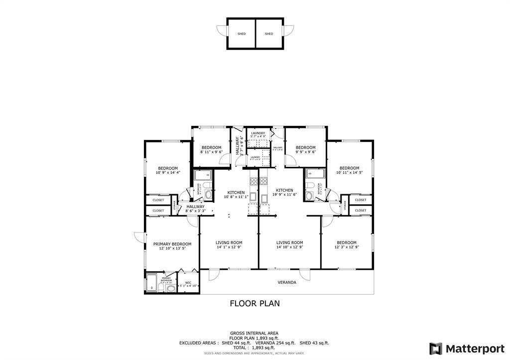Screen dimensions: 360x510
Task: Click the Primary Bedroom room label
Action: pos(172,244)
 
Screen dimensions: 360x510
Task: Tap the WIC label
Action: pos(188,283)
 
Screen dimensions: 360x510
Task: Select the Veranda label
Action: pos(287,282)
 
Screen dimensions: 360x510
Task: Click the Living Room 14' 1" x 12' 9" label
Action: pos(229,242)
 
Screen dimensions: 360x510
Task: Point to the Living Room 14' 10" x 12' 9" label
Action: pos(289,242)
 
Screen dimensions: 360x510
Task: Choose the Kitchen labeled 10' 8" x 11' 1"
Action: pos(236,192)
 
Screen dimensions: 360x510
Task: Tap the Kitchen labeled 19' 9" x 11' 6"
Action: pos(284,190)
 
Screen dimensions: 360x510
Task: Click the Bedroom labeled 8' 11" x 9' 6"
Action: pos(211,147)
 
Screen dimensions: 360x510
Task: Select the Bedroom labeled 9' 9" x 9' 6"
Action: pos(305,147)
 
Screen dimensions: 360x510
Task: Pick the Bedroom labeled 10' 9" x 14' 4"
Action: pos(168,168)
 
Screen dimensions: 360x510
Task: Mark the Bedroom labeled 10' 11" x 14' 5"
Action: pos(349,168)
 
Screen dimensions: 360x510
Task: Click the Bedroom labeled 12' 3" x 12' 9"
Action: pos(346,242)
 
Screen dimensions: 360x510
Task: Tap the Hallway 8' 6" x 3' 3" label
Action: pos(195,207)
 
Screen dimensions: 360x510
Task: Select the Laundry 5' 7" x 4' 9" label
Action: pos(257,133)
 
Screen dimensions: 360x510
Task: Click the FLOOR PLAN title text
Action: pos(255,303)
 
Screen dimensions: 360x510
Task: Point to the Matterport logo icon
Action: pos(435,348)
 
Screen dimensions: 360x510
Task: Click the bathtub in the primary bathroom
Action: pos(151,283)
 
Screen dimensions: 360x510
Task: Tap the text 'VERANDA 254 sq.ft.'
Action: pos(275,343)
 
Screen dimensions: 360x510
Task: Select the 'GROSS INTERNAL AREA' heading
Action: pos(254,333)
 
